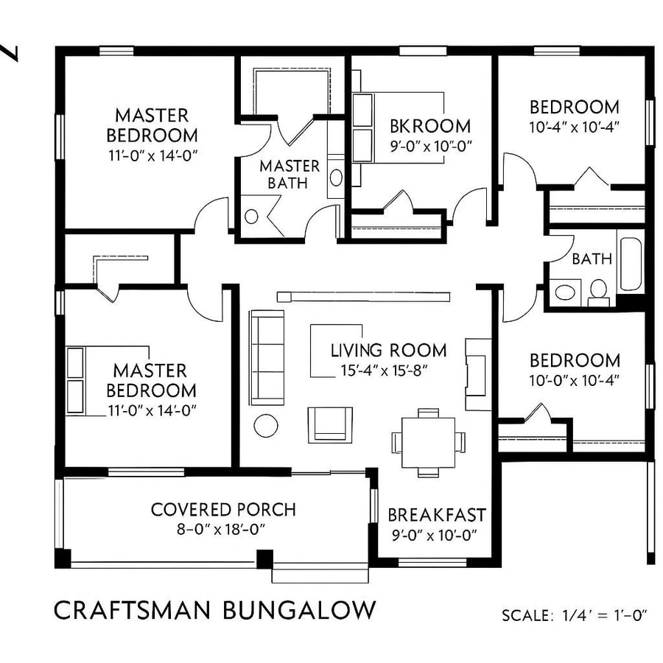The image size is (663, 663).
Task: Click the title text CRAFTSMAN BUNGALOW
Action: click(x=214, y=610)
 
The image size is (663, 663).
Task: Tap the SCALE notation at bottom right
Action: click(x=574, y=615)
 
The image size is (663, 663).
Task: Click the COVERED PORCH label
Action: click(x=223, y=509)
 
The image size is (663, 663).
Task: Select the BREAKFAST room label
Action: click(x=436, y=514)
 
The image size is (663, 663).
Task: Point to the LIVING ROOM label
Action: click(x=388, y=350)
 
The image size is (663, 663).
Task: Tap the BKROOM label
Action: click(x=430, y=126)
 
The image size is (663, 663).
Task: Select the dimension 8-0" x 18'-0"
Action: click(x=223, y=528)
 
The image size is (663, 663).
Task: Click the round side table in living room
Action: click(x=265, y=425)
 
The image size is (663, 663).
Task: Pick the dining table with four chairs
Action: click(x=428, y=441)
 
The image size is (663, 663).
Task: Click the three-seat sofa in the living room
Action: click(x=267, y=357)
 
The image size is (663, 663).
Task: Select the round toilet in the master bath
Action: click(x=251, y=217)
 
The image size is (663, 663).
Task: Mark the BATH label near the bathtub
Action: click(x=592, y=259)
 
